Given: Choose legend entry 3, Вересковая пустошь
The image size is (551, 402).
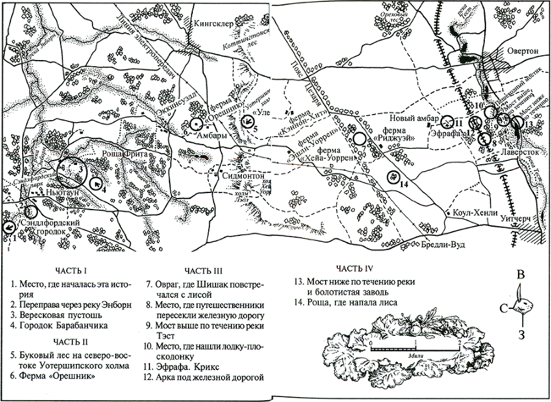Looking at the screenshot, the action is (x=56, y=315).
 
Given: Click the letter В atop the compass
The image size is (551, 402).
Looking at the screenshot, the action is (x=520, y=274).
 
